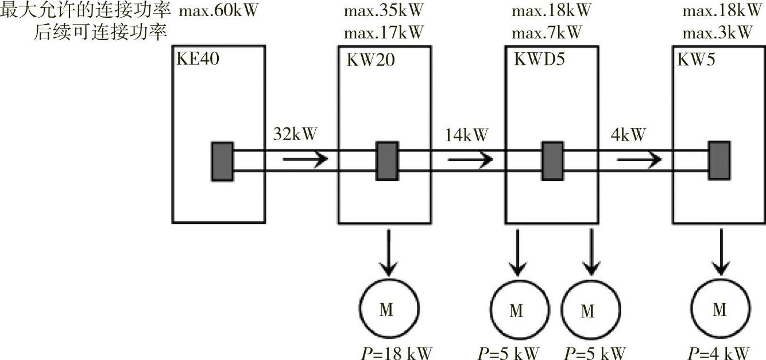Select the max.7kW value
coord(547,32)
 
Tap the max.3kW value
coord(717,32)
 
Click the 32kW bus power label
coord(295,135)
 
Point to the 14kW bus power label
coord(466,135)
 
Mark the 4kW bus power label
coord(629,135)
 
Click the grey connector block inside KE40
coord(222,161)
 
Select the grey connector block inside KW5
coord(718,160)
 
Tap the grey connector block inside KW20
coord(386,161)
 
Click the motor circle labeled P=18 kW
coord(388,310)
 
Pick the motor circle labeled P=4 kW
coord(720,310)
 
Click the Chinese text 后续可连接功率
coord(100,32)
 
